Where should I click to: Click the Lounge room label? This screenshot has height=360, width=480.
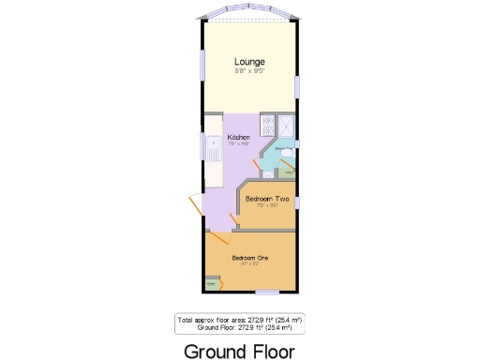point(249,62)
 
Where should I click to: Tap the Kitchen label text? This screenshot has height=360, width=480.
point(238,137)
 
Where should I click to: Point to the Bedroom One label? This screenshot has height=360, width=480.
point(250,257)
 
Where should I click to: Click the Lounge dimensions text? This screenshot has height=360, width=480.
point(249,70)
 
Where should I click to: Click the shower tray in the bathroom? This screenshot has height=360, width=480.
point(283,127)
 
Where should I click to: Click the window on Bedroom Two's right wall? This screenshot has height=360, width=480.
point(297,202)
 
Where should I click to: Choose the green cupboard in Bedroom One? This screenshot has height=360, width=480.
point(212,283)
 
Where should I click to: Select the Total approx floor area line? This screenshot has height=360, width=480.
point(240,320)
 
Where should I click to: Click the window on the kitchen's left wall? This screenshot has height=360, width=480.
point(202,146)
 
